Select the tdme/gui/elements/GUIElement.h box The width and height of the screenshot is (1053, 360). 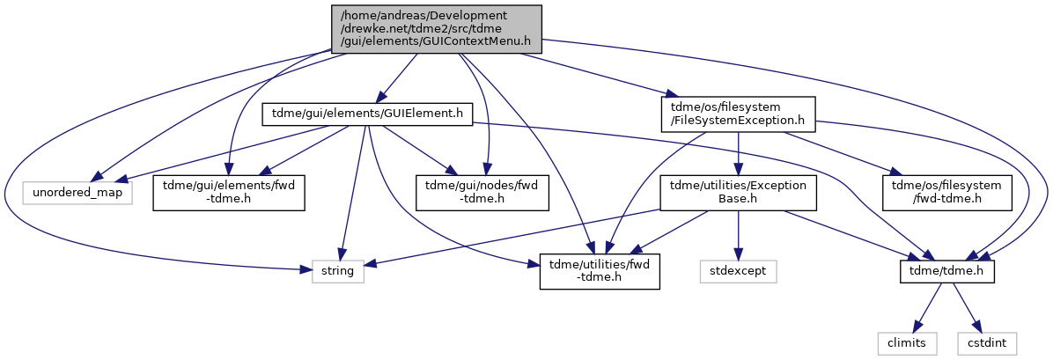click(x=368, y=114)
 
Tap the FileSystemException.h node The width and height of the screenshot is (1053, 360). click(x=738, y=114)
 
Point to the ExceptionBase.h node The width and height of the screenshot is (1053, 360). click(x=738, y=194)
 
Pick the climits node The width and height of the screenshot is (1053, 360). click(x=910, y=343)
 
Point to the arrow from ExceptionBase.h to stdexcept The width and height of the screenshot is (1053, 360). click(x=738, y=236)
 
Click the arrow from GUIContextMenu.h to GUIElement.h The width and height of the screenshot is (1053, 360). click(x=399, y=78)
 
